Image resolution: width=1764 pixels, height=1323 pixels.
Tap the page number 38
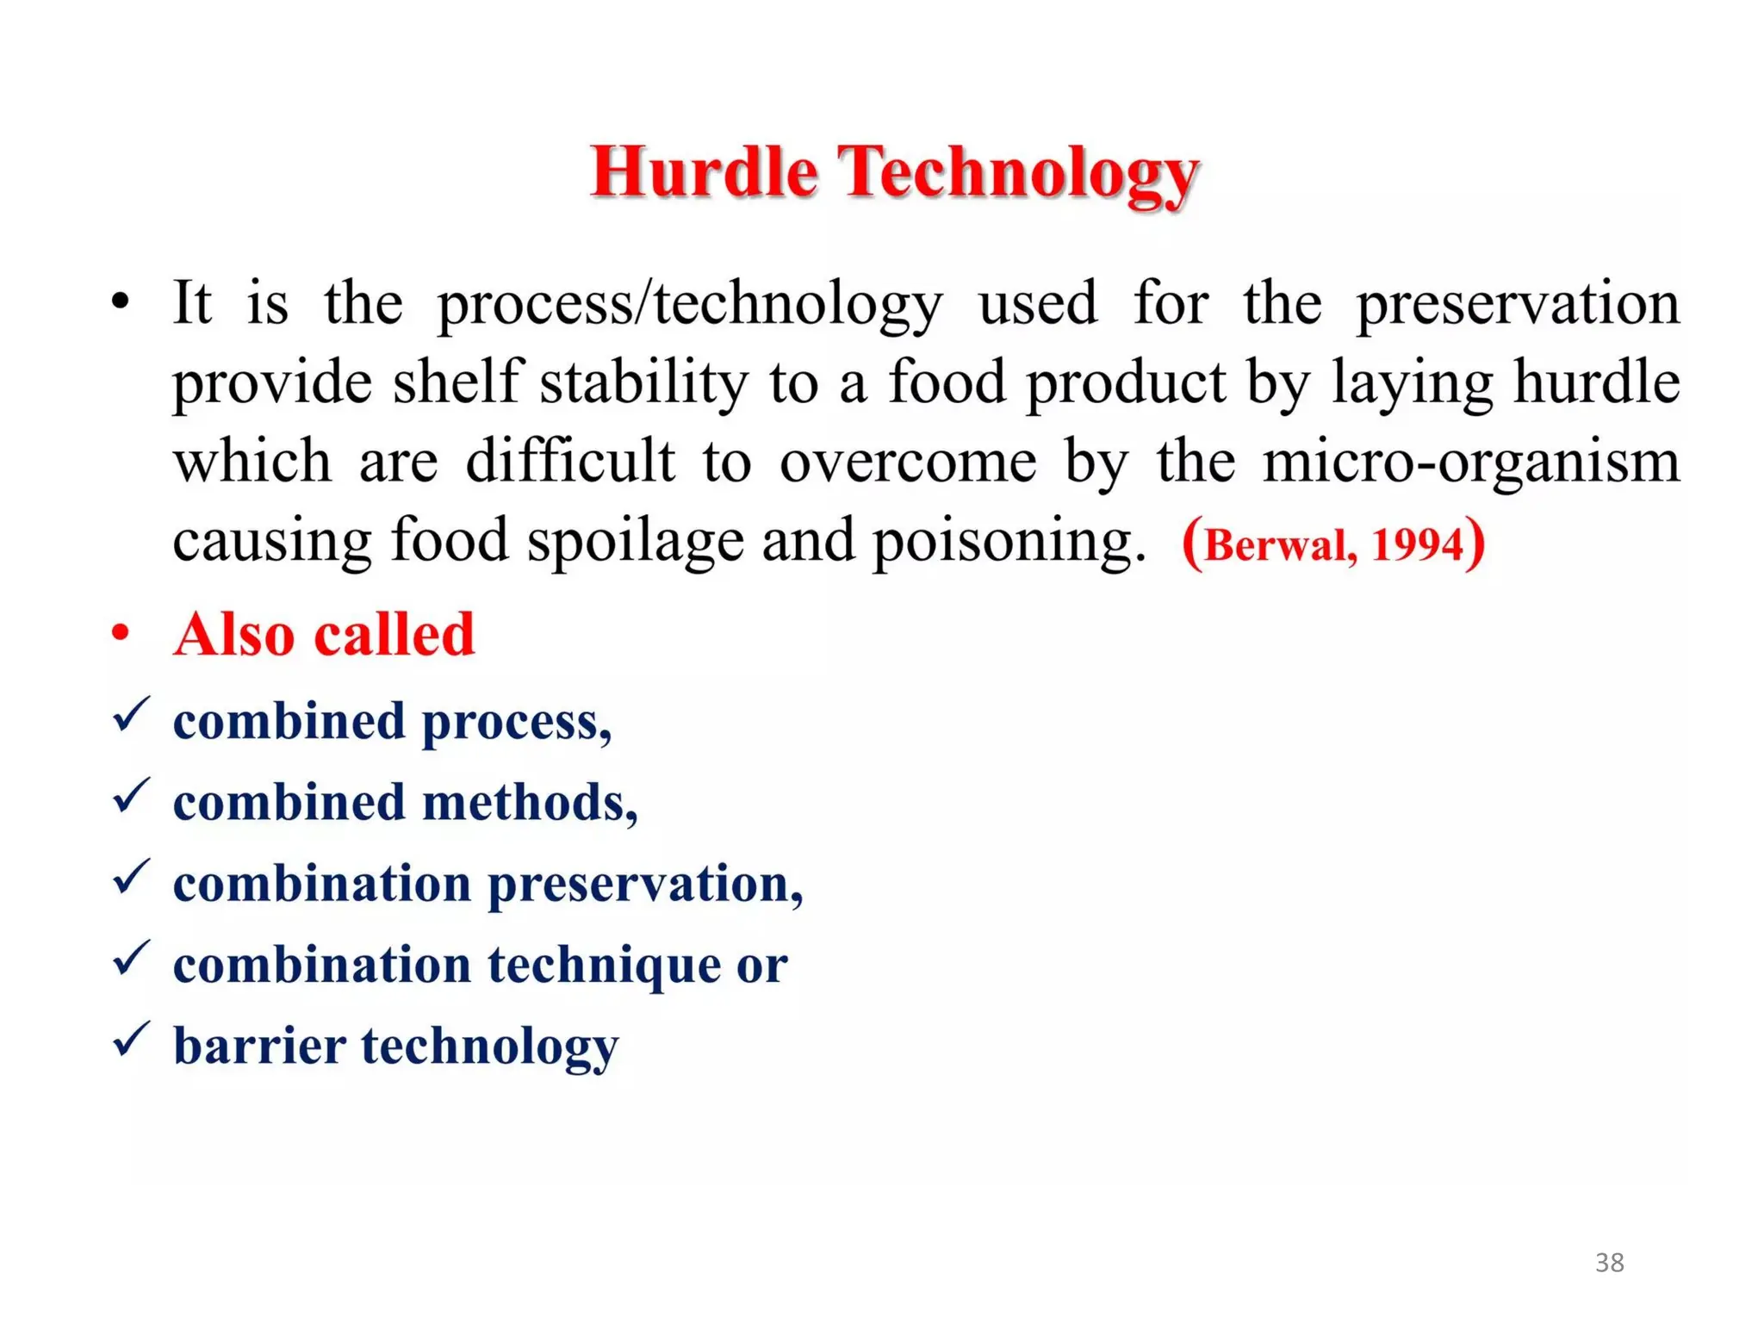[x=1609, y=1262]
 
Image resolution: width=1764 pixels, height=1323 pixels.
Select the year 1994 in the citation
[x=1416, y=545]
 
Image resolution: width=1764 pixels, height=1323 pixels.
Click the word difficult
[x=570, y=461]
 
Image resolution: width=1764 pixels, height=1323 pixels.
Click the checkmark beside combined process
[x=131, y=715]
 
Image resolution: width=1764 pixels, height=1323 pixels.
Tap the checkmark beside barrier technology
[x=131, y=1039]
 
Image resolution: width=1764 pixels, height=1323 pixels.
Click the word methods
[x=529, y=803]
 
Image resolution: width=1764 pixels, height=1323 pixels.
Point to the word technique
[x=603, y=966]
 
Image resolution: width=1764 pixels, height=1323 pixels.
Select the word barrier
[x=259, y=1046]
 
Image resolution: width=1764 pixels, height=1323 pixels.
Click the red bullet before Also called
[x=121, y=633]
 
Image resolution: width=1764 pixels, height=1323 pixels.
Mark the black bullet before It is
[x=121, y=302]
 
